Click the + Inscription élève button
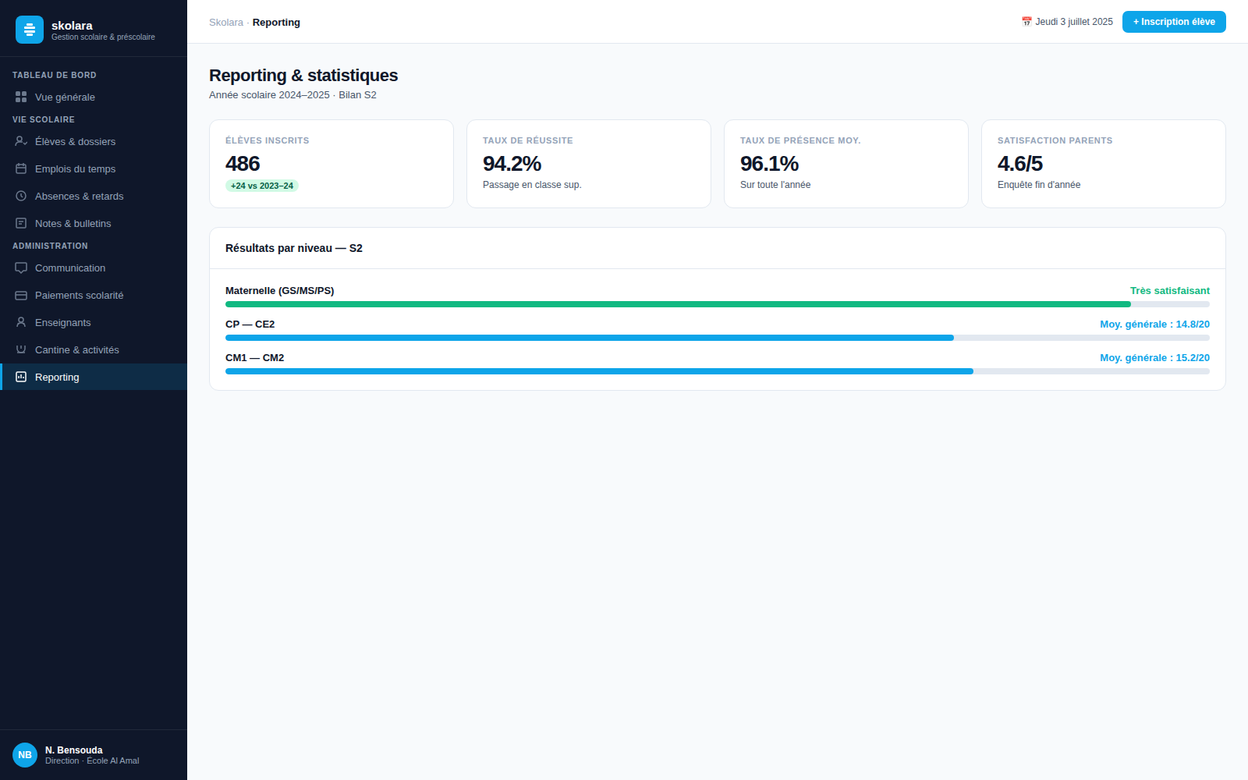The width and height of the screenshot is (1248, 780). point(1174,22)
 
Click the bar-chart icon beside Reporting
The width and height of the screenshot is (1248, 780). point(21,378)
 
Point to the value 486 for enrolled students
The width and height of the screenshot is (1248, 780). point(243,164)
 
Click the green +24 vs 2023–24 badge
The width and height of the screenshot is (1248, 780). point(262,186)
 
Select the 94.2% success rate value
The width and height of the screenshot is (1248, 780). point(512,164)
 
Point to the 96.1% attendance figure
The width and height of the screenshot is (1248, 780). point(769,164)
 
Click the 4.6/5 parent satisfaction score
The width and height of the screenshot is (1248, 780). point(1019,164)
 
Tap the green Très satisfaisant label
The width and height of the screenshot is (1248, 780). point(1169,291)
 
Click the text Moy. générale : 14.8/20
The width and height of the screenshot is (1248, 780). point(1154,324)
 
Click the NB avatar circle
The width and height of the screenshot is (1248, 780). point(25,755)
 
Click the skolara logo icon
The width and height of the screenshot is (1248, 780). point(30,30)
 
